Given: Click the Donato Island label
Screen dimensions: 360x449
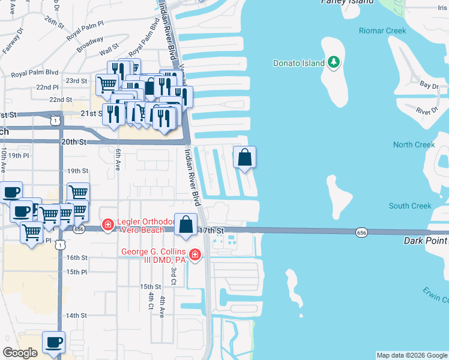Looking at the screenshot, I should click(298, 62).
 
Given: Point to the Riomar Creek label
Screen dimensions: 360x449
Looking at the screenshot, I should click(382, 31).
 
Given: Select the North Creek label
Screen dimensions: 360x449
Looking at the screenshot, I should click(414, 145).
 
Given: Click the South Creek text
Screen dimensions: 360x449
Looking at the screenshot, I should click(410, 206).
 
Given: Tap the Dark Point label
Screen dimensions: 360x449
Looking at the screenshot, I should click(425, 240).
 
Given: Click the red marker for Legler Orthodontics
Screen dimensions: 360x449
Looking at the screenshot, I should click(107, 226).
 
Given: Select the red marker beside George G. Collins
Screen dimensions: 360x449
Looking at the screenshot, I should click(194, 256).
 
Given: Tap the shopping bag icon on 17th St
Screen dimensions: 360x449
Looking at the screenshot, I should click(186, 225).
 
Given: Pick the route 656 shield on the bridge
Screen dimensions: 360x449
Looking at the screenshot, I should click(361, 232).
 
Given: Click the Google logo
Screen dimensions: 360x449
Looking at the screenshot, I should click(20, 353).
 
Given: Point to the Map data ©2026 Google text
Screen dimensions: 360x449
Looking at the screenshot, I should click(411, 355).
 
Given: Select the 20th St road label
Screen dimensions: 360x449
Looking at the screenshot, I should click(74, 142).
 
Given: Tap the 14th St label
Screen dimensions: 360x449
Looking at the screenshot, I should click(77, 315).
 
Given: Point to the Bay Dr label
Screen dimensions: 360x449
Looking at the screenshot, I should click(429, 86).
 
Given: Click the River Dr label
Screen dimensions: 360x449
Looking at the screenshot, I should click(427, 112).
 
